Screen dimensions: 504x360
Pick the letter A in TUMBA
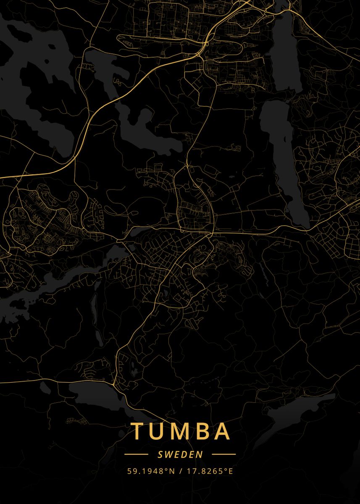pos(222,431)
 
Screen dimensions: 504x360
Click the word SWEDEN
pos(180,454)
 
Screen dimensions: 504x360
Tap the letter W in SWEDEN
pos(167,454)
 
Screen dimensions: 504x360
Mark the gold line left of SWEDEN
pos(137,454)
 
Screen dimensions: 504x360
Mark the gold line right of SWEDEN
pos(223,454)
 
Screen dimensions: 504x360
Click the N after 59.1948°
pos(172,471)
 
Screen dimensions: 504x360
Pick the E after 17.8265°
pos(230,471)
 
